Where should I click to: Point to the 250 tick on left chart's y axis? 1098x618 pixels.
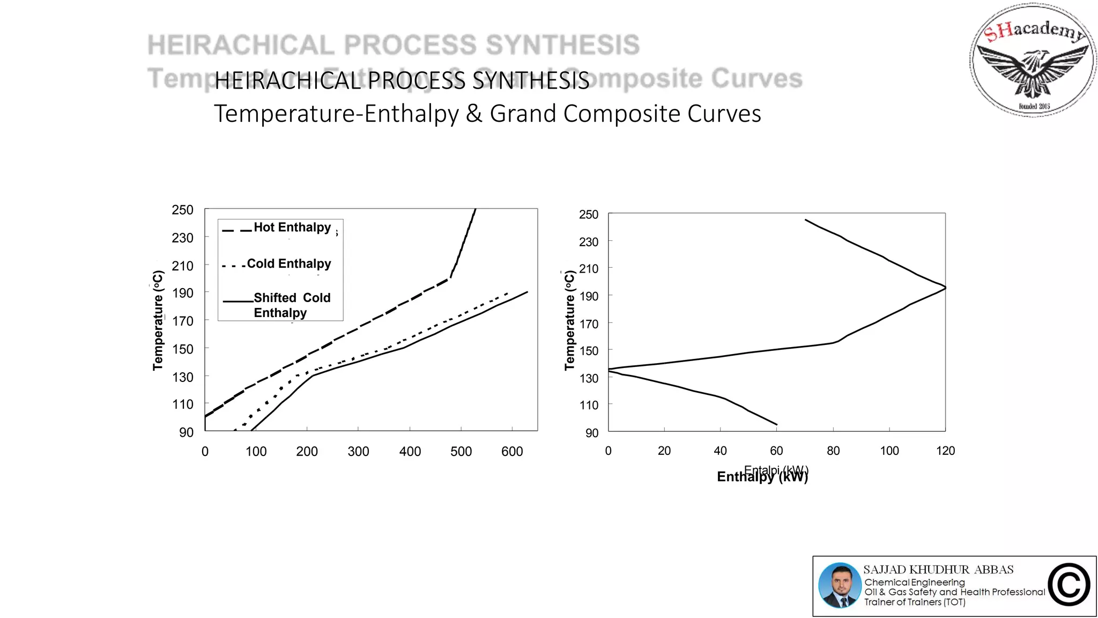coord(182,210)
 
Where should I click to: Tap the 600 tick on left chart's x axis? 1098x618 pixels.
coord(512,452)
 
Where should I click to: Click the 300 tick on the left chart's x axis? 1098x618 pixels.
coord(358,452)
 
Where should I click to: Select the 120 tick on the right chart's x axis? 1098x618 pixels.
coord(945,451)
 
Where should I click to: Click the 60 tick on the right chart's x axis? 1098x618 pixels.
coord(776,451)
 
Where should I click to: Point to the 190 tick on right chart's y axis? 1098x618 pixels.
coord(589,296)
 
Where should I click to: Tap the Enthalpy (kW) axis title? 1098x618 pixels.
coord(762,476)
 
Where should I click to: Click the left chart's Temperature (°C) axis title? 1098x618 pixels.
coord(158,320)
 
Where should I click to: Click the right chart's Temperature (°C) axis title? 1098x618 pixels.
coord(569,320)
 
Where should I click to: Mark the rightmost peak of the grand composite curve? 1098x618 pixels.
coord(945,288)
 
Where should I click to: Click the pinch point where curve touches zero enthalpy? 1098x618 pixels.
coord(610,370)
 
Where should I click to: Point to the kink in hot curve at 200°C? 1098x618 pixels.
coord(449,278)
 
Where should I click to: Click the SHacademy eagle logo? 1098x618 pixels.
coord(1033,60)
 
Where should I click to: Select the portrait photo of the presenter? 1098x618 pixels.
coord(840,586)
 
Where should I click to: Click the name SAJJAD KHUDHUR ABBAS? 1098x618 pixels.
coord(938,570)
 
